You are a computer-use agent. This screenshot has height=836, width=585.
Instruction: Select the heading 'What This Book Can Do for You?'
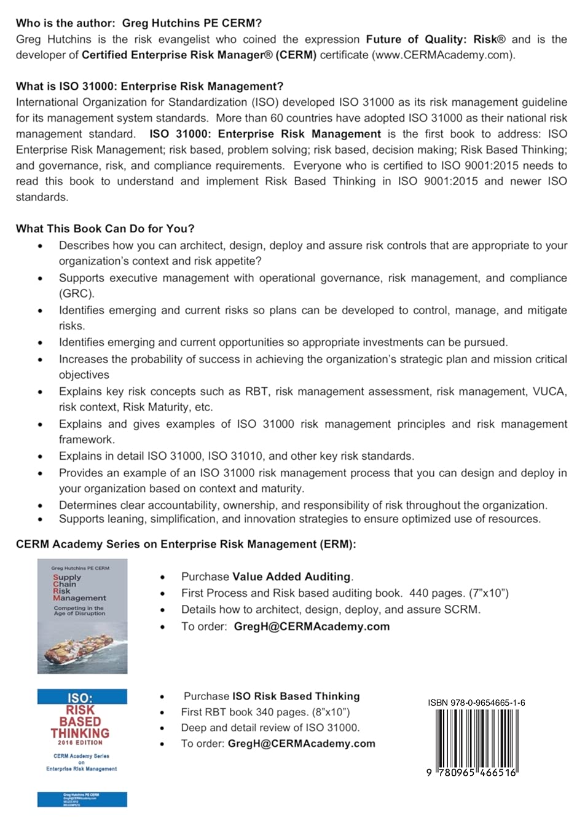pyautogui.click(x=105, y=229)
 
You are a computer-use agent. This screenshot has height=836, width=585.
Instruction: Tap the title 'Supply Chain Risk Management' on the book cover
pyautogui.click(x=79, y=588)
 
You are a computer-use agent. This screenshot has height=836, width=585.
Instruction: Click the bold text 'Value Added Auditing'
pyautogui.click(x=291, y=577)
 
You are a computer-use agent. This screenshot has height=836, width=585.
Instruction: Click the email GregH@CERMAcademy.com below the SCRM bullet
pyautogui.click(x=312, y=626)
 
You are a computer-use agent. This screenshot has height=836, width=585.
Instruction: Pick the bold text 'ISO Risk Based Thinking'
pyautogui.click(x=296, y=696)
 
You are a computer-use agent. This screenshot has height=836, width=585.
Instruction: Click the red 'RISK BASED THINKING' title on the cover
pyautogui.click(x=80, y=722)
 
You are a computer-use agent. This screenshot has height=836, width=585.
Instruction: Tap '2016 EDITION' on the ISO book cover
pyautogui.click(x=80, y=743)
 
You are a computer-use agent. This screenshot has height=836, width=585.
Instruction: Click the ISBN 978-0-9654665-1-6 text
pyautogui.click(x=476, y=703)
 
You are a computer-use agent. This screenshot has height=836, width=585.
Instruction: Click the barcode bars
pyautogui.click(x=476, y=738)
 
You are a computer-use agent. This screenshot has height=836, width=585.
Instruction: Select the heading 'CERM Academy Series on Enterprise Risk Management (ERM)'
pyautogui.click(x=186, y=544)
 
